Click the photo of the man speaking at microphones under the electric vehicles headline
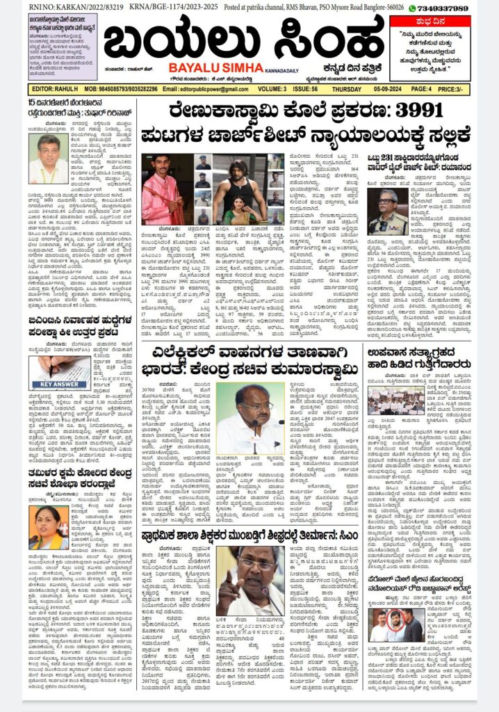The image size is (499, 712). [x=250, y=416]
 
